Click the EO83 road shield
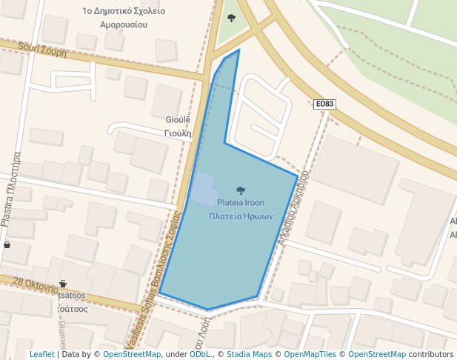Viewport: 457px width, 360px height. click(325, 104)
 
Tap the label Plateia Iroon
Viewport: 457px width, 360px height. click(241, 202)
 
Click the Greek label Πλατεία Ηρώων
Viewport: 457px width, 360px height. click(241, 216)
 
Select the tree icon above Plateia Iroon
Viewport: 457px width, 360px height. click(240, 190)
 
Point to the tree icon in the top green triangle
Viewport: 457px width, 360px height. click(231, 18)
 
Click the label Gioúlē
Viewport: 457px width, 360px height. click(178, 119)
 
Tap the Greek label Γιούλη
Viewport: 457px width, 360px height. click(178, 133)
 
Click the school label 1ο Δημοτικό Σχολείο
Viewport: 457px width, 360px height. click(124, 11)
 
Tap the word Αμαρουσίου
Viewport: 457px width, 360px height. click(124, 24)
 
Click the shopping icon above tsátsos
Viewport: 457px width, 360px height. click(62, 283)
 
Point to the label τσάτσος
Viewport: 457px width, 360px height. click(73, 309)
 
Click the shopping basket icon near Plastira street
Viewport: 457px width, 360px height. click(7, 244)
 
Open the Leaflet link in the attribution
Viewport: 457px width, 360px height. click(41, 354)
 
